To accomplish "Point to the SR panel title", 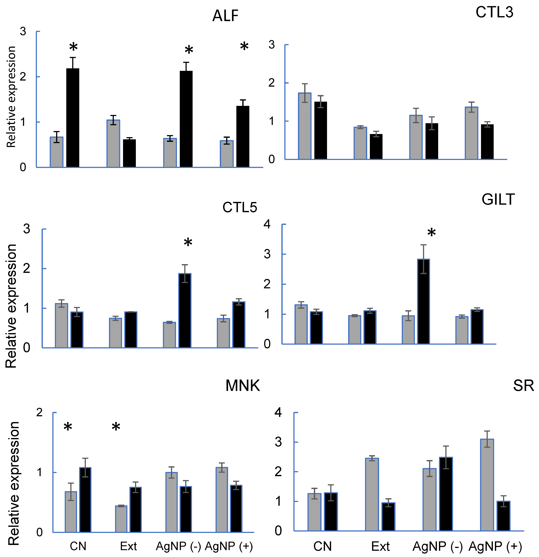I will (x=523, y=386).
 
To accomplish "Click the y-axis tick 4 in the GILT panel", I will (x=267, y=224).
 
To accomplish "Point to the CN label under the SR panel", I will (x=322, y=546).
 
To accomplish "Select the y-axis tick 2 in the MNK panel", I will (x=40, y=412).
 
